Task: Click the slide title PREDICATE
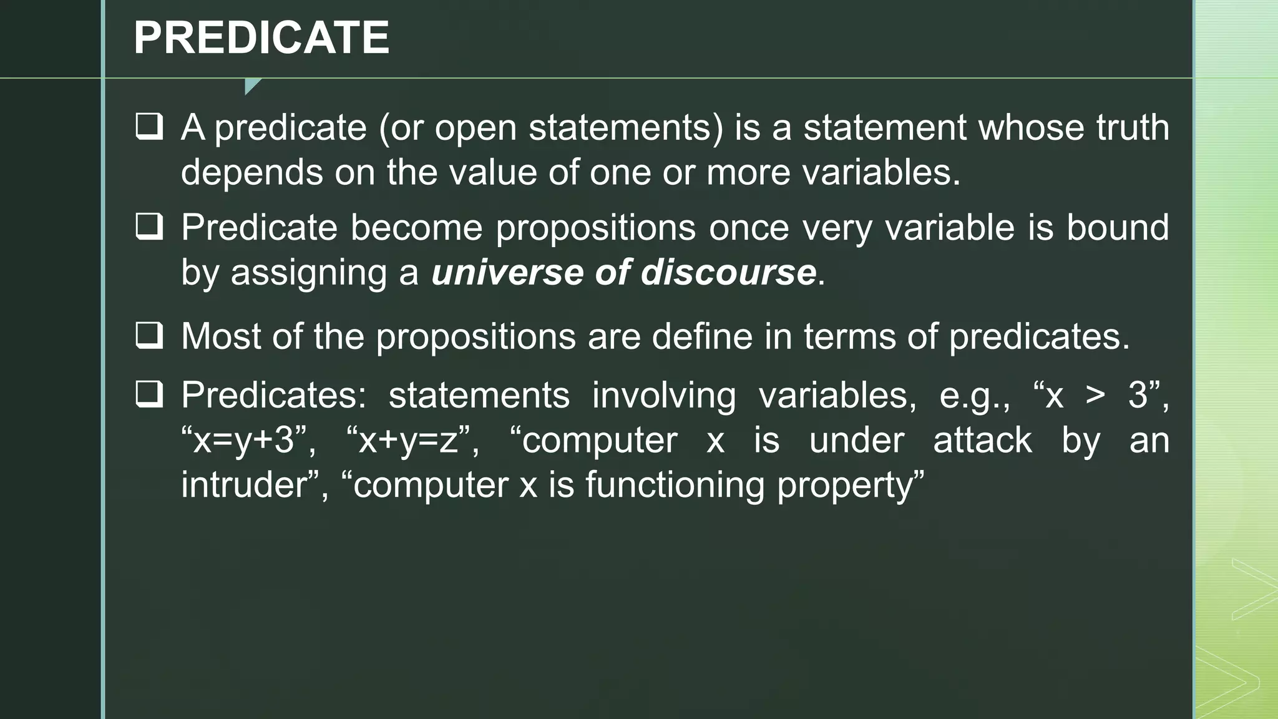(x=261, y=37)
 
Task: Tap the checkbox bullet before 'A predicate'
(x=149, y=127)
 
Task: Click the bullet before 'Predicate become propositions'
(x=149, y=227)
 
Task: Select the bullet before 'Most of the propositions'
(x=149, y=336)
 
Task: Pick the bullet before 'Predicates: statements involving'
(x=149, y=394)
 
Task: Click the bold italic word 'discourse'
(x=728, y=272)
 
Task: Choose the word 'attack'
(x=982, y=440)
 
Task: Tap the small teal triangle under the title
(x=251, y=85)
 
